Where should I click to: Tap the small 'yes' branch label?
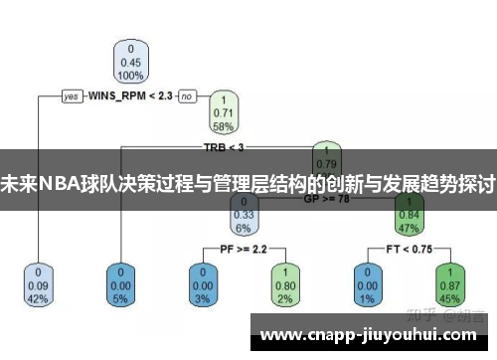pos(72,96)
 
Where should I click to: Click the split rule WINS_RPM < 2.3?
pos(130,96)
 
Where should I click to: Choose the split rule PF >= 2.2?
pos(243,247)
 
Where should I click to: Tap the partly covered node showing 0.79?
pos(325,156)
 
